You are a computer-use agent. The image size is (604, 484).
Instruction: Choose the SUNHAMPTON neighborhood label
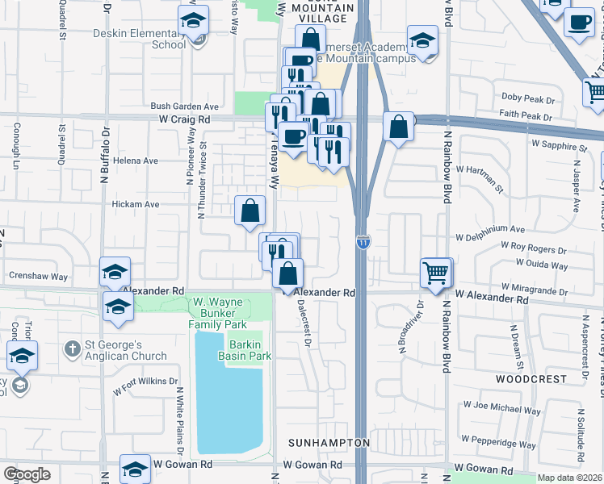(329, 444)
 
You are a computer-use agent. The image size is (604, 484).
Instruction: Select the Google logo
(27, 474)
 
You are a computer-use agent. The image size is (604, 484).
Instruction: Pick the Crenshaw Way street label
(38, 276)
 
